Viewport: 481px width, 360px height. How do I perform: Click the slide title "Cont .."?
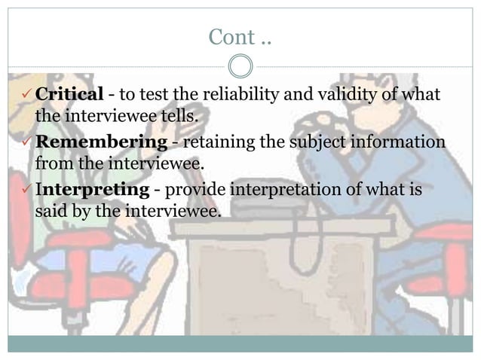pos(240,36)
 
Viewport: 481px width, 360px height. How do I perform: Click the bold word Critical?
pos(69,95)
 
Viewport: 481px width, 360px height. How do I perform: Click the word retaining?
pos(216,142)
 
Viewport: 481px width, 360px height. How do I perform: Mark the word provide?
pos(199,191)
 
